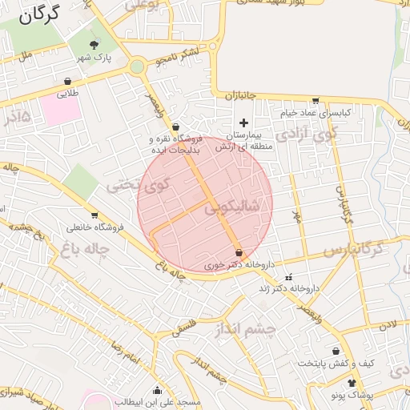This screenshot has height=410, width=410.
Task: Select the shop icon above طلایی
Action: pyautogui.click(x=66, y=81)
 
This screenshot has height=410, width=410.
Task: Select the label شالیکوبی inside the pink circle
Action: pyautogui.click(x=232, y=207)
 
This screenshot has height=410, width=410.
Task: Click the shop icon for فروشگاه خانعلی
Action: pyautogui.click(x=95, y=215)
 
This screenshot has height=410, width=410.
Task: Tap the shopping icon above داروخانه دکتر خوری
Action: pyautogui.click(x=239, y=253)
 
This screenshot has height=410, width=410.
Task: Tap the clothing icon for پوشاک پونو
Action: pyautogui.click(x=352, y=384)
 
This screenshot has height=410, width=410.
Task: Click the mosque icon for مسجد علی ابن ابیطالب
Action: pyautogui.click(x=157, y=391)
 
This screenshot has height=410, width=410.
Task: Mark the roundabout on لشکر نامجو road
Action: pyautogui.click(x=139, y=66)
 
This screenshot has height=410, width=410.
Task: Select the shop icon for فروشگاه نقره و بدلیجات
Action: pyautogui.click(x=176, y=127)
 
